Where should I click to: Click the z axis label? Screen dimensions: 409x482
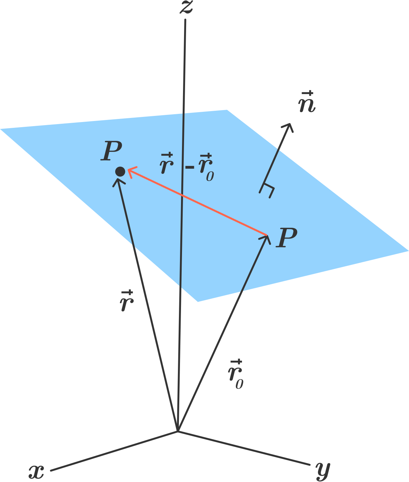pyautogui.click(x=186, y=7)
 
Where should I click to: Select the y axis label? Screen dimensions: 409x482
pyautogui.click(x=323, y=471)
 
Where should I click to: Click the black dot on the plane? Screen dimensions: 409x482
pyautogui.click(x=120, y=171)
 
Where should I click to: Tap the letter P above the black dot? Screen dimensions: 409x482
pyautogui.click(x=111, y=151)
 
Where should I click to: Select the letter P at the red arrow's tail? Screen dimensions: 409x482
pyautogui.click(x=286, y=237)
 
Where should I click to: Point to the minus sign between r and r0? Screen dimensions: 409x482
pyautogui.click(x=190, y=167)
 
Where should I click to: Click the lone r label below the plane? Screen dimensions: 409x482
pyautogui.click(x=127, y=301)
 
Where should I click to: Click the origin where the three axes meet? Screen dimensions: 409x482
pyautogui.click(x=178, y=431)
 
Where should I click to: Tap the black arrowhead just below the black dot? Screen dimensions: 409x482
pyautogui.click(x=119, y=182)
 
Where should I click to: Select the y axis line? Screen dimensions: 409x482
pyautogui.click(x=244, y=448)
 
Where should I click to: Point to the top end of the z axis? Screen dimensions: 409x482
pyautogui.click(x=185, y=19)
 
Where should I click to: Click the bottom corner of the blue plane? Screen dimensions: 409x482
pyautogui.click(x=198, y=302)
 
